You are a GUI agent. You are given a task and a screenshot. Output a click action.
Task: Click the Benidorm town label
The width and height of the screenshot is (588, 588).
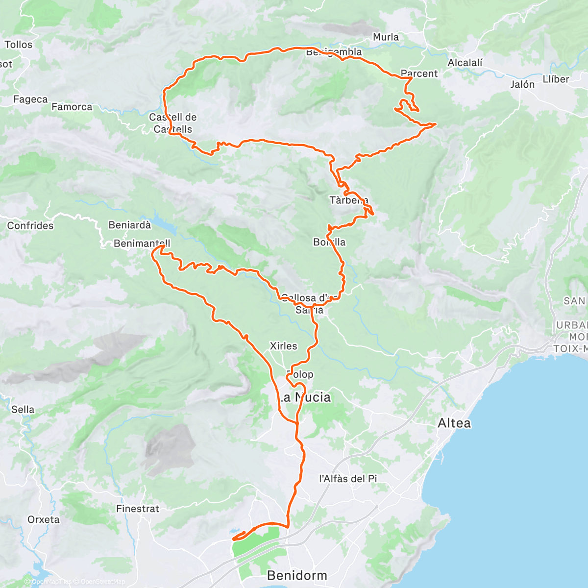(x=297, y=575)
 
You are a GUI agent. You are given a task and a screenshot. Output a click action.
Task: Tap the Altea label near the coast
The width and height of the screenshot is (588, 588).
(x=454, y=423)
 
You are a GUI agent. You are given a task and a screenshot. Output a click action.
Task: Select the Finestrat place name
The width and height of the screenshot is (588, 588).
(x=138, y=509)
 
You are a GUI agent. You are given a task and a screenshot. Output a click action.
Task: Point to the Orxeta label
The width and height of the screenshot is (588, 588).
(x=44, y=519)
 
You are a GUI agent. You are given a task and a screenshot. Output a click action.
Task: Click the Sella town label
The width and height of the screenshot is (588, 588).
(x=23, y=409)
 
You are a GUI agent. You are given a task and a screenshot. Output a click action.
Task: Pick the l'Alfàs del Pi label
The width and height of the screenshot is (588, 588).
(x=348, y=478)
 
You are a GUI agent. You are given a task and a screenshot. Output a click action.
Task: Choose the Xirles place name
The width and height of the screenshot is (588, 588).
(x=283, y=346)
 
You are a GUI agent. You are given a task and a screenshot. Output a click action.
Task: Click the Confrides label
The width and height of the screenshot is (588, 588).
(x=30, y=225)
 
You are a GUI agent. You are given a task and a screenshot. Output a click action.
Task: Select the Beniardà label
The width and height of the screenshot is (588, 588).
(x=130, y=225)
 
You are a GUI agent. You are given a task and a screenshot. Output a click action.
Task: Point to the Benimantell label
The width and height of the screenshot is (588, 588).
(x=142, y=243)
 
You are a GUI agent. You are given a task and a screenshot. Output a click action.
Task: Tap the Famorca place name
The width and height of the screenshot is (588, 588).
(x=72, y=106)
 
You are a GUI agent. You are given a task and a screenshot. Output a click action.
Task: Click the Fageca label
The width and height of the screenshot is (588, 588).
(x=30, y=99)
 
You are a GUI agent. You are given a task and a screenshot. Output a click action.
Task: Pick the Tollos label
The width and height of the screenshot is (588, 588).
(x=19, y=45)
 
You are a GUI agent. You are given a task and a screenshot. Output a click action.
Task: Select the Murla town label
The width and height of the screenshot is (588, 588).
(x=386, y=37)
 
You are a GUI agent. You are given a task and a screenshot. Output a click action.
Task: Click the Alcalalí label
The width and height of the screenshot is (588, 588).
(x=465, y=63)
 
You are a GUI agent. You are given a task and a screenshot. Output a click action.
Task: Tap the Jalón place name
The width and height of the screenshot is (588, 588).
(x=522, y=84)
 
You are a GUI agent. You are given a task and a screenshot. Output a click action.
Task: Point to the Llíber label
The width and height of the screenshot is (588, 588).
(x=556, y=79)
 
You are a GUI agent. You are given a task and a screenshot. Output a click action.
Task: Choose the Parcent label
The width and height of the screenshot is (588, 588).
(x=419, y=73)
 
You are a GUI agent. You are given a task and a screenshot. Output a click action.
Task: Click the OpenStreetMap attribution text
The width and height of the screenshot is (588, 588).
(x=102, y=582)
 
